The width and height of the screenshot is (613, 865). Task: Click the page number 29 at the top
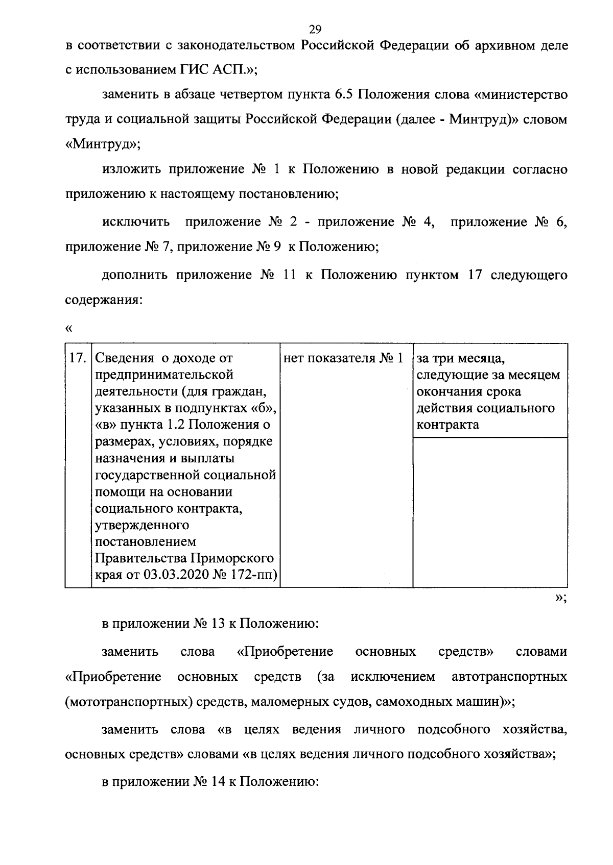[x=315, y=28]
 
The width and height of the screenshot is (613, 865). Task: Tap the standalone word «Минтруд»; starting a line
[x=102, y=144]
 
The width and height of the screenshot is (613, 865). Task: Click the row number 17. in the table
[x=78, y=358]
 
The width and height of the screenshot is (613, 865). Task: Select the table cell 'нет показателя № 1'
[x=343, y=358]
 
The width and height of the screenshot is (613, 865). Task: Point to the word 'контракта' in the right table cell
[x=447, y=425]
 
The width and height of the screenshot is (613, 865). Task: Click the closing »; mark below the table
[x=560, y=598]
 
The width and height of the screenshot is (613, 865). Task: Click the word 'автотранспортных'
[x=509, y=677]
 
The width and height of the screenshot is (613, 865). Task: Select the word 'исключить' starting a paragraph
[x=136, y=222]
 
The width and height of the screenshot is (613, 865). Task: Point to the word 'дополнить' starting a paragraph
[x=135, y=275]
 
